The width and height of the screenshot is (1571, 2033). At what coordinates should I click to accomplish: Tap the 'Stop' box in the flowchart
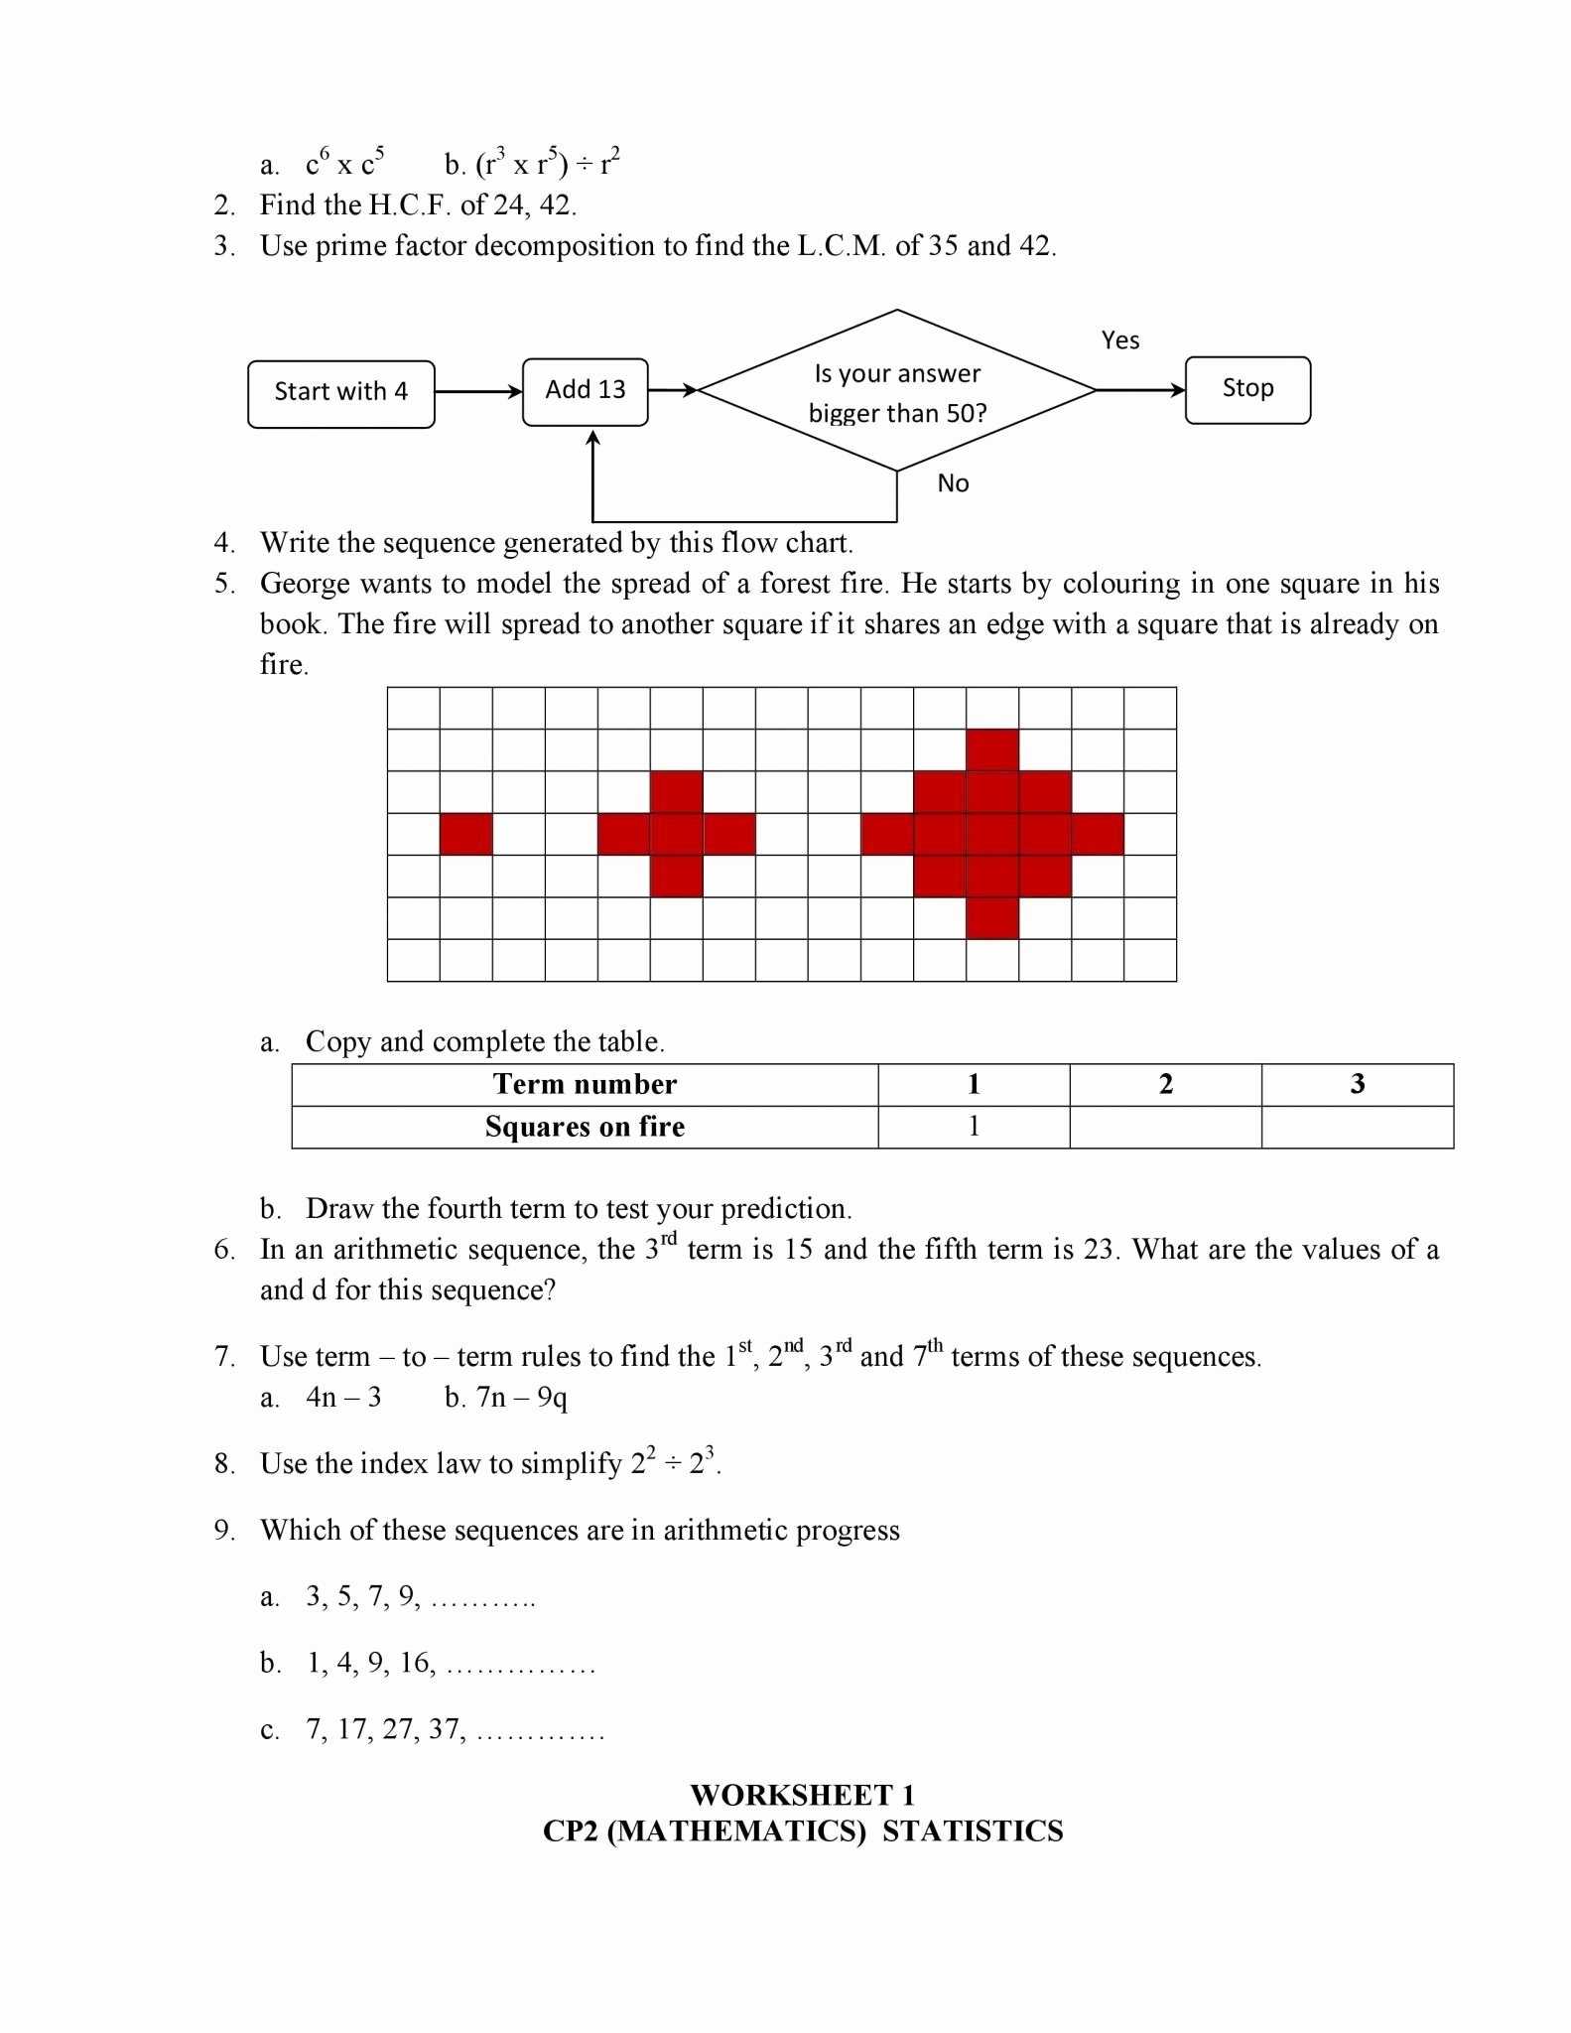click(x=1247, y=390)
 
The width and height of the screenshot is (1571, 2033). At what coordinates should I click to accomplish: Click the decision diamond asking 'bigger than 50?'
click(x=897, y=391)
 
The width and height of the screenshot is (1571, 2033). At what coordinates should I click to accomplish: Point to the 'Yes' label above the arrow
click(x=1119, y=340)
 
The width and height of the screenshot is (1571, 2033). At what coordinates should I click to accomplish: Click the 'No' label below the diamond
click(x=953, y=483)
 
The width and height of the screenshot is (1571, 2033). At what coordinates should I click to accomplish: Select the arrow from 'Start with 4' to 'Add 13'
click(x=478, y=391)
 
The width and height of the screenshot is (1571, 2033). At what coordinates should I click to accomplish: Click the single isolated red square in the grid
click(x=466, y=834)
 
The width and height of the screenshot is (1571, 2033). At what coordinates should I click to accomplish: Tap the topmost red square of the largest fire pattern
click(x=992, y=749)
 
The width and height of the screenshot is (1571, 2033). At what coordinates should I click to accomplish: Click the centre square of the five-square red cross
click(x=677, y=834)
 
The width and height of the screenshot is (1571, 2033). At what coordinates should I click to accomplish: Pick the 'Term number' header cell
click(x=585, y=1084)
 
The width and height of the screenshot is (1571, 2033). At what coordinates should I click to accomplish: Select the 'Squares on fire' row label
click(x=585, y=1127)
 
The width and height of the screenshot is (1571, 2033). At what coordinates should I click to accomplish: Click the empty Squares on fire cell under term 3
click(x=1357, y=1127)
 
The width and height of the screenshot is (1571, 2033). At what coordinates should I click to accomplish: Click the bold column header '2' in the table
click(x=1165, y=1084)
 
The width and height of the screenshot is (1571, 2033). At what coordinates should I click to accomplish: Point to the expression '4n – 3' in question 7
click(x=343, y=1398)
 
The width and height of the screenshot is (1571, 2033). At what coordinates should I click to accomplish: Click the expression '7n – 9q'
click(x=521, y=1398)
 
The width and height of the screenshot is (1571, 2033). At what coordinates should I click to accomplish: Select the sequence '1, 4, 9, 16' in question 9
click(x=370, y=1663)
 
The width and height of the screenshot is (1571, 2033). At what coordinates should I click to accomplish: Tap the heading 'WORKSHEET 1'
click(x=802, y=1795)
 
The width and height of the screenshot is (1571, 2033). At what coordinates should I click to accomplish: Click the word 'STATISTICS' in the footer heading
click(x=973, y=1831)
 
